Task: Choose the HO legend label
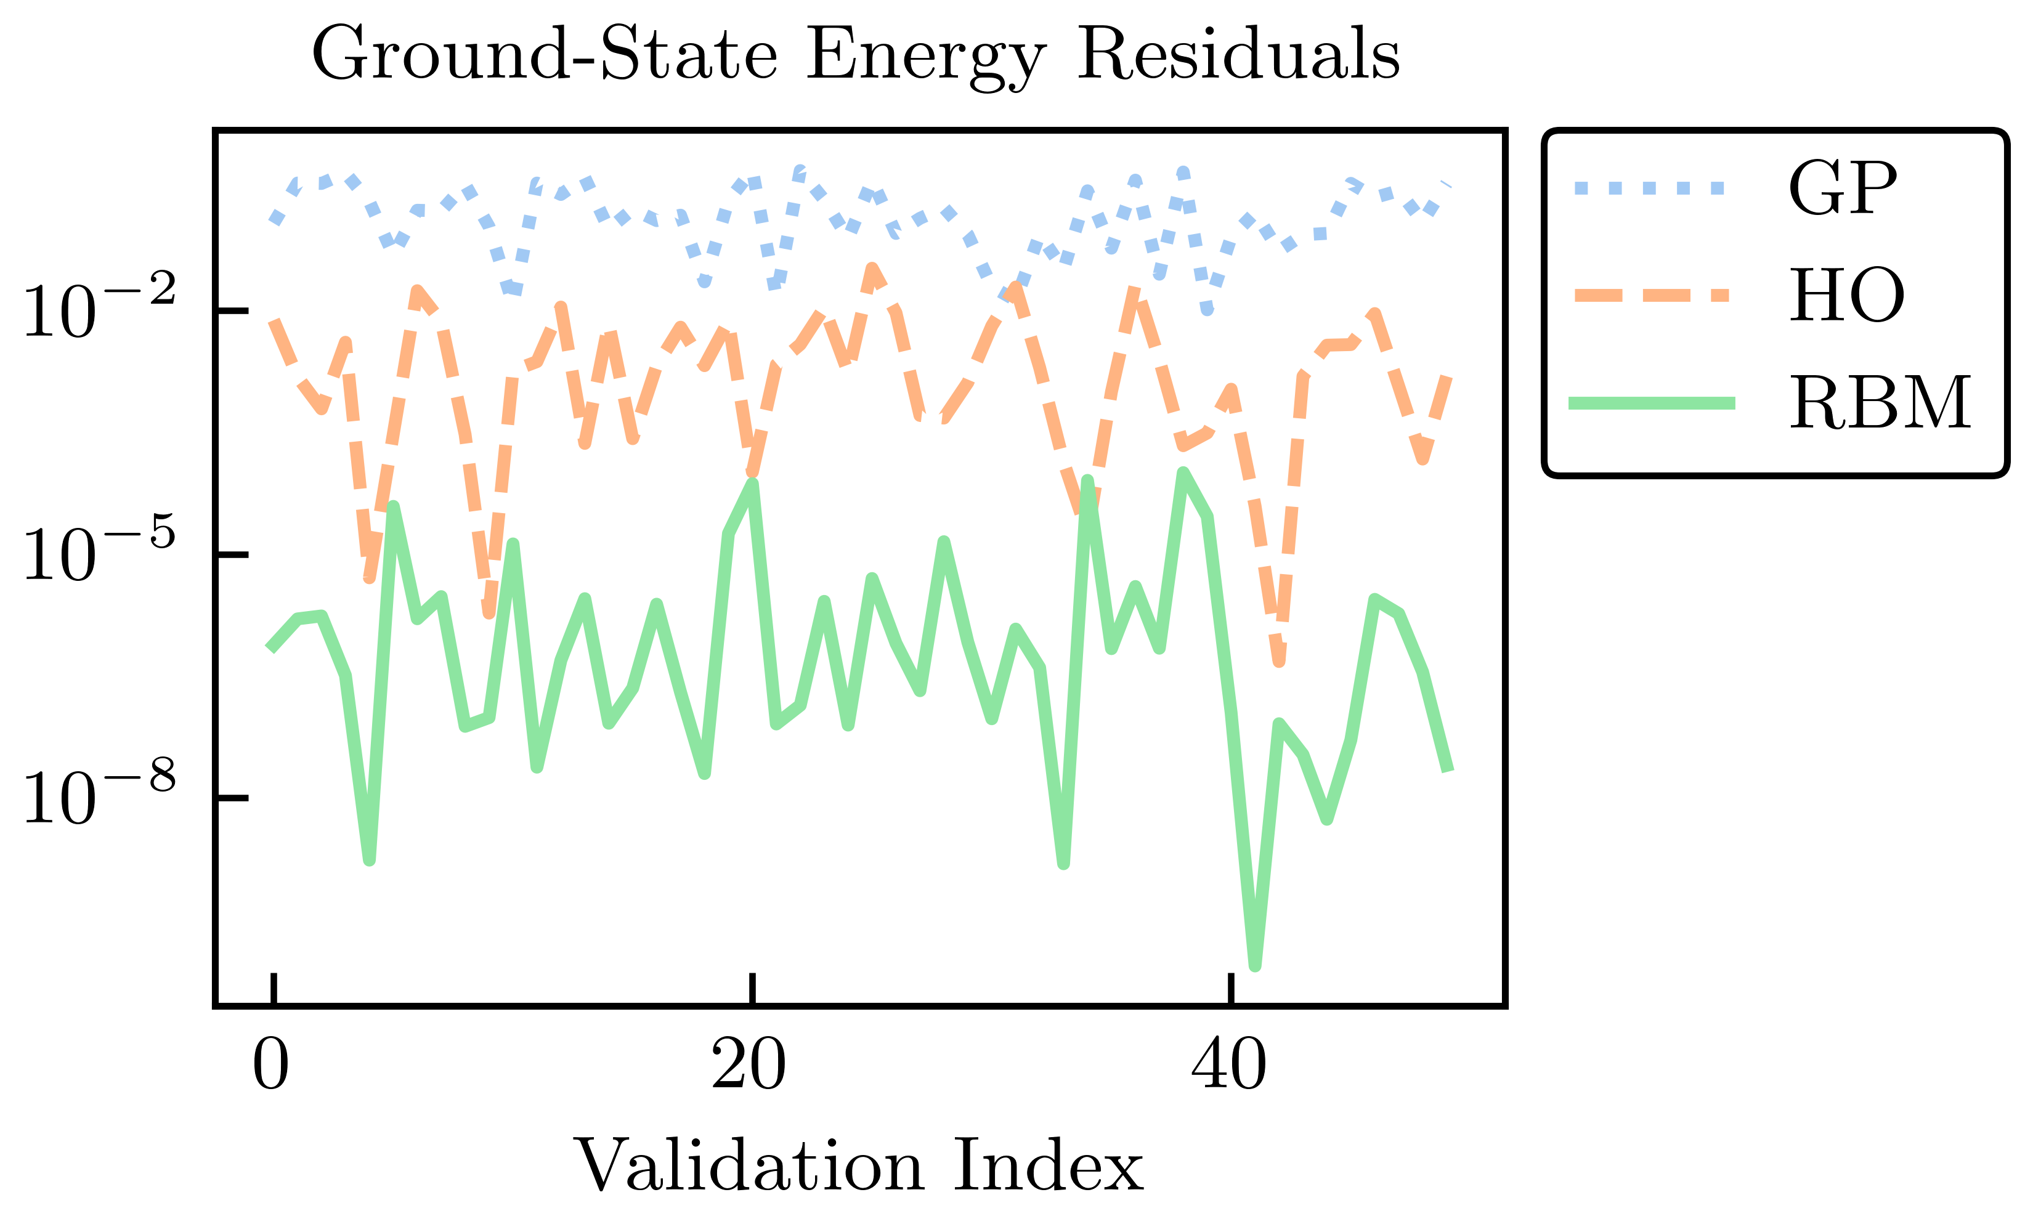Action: point(1846,296)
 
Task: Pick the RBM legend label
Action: point(1880,403)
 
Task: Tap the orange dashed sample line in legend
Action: point(1651,296)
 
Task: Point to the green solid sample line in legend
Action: point(1651,403)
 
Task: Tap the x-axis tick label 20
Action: point(749,1066)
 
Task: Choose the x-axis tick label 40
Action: point(1228,1066)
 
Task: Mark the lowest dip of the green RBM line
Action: point(1255,965)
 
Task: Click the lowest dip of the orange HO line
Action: point(1279,660)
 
